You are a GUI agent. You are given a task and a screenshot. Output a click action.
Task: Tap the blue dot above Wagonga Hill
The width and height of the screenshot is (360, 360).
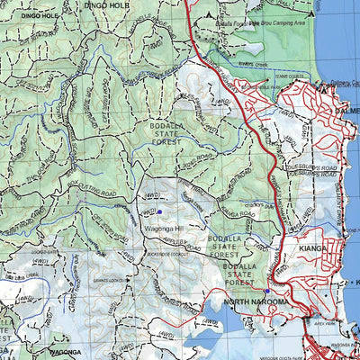click(x=159, y=211)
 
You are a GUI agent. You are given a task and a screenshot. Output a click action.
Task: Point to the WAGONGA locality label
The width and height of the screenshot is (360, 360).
click(x=67, y=352)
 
